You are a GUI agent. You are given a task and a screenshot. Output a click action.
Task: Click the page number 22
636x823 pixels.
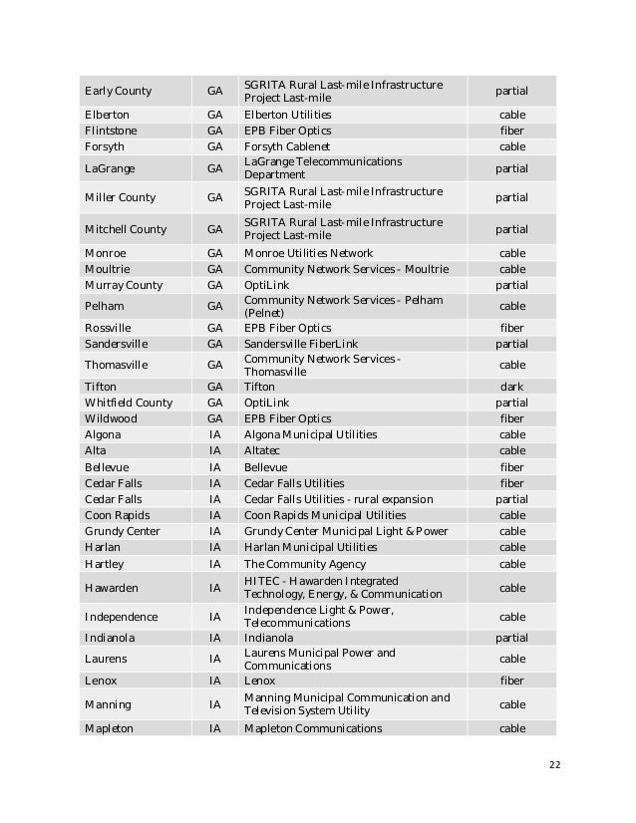click(555, 764)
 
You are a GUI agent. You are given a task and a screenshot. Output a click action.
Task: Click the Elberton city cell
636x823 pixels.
click(108, 115)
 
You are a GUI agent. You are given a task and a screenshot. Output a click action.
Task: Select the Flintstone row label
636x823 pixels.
click(111, 130)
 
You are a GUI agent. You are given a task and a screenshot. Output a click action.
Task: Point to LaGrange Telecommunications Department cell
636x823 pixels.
click(322, 167)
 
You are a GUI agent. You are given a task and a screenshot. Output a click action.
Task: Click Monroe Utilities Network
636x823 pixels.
click(308, 253)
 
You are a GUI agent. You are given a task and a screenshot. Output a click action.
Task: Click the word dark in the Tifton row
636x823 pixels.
click(511, 387)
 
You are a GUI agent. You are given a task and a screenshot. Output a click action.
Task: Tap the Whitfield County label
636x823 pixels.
click(129, 403)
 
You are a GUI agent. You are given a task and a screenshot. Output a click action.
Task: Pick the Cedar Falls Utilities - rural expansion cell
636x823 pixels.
click(338, 499)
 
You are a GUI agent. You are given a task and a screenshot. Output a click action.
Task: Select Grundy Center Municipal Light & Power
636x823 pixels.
click(345, 531)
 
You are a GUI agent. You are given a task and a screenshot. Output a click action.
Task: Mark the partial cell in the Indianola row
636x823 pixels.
click(511, 638)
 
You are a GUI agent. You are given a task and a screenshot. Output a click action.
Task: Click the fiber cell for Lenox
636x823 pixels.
click(511, 681)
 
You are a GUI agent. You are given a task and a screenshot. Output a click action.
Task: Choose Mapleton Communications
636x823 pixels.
click(312, 728)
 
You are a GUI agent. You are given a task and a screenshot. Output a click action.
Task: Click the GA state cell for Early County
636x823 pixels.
click(214, 91)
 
